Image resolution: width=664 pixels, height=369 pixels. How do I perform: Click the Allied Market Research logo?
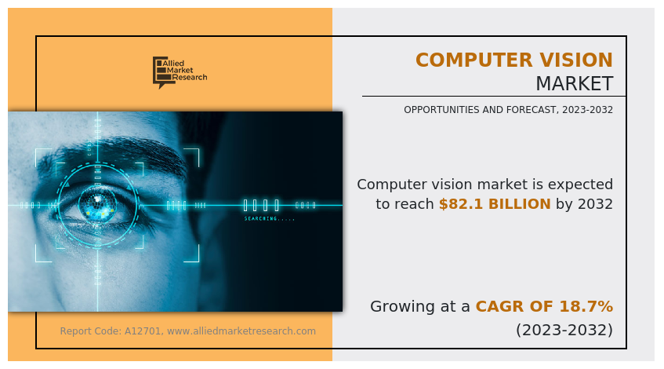click(180, 72)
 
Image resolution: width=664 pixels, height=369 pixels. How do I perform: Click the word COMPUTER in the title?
click(467, 60)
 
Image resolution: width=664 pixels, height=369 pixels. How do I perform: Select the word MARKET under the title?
click(575, 83)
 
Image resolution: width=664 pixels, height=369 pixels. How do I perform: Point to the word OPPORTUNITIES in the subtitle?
click(441, 110)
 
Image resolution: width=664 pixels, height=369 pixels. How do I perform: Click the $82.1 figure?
click(461, 204)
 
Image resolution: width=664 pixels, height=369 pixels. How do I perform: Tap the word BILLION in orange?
click(520, 204)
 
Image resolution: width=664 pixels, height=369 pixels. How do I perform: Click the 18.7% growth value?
click(586, 306)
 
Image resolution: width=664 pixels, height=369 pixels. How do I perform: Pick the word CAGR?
click(493, 306)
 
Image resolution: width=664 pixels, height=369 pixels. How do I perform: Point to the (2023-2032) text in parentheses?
click(564, 330)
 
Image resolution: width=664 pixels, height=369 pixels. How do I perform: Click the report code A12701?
click(143, 331)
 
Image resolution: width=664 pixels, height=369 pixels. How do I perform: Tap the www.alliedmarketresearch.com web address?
click(241, 331)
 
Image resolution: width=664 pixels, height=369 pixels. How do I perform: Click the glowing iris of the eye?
click(98, 204)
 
